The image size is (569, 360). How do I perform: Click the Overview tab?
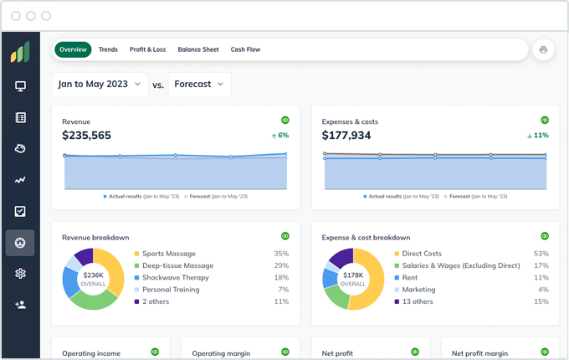click(74, 49)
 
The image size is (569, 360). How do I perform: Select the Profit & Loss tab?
click(147, 49)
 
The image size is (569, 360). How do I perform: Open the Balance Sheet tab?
click(198, 49)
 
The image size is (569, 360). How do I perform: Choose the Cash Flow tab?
click(245, 49)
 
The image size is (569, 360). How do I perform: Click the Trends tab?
click(108, 49)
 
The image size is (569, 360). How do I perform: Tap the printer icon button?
click(543, 49)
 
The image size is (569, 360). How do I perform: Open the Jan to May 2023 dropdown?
click(99, 85)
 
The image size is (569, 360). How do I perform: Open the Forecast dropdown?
click(199, 85)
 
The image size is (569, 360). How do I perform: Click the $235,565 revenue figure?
click(86, 136)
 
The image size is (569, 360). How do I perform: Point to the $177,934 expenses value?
click(346, 136)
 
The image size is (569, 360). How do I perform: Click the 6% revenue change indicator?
click(279, 135)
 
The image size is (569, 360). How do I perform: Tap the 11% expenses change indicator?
click(538, 135)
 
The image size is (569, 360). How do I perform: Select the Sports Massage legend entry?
click(168, 254)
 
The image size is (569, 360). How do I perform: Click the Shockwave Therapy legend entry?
click(174, 277)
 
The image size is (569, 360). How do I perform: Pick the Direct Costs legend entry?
click(422, 254)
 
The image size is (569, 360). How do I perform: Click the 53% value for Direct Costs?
click(541, 254)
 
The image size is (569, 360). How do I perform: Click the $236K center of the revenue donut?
click(92, 279)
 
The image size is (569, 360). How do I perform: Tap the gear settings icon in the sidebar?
click(20, 274)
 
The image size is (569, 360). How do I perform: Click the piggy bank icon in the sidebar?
click(20, 149)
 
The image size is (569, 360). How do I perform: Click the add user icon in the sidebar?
click(20, 305)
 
